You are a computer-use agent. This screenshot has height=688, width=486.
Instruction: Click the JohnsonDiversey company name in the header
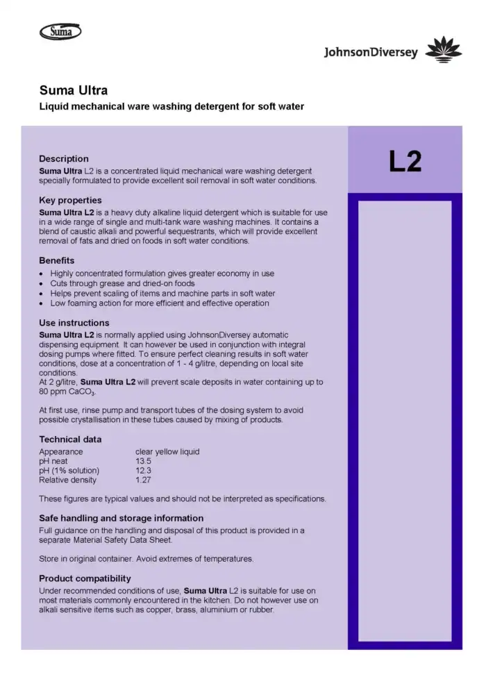coord(371,53)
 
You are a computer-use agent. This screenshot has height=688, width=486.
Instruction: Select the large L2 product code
coord(405,161)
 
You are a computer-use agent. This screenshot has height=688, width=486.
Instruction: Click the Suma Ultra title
coord(73,90)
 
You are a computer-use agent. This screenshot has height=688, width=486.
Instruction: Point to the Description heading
coord(64,159)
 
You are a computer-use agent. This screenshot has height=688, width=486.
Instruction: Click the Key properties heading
coord(70,200)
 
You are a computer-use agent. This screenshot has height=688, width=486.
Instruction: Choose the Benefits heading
coord(57,260)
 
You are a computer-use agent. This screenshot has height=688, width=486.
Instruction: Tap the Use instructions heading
coord(74,323)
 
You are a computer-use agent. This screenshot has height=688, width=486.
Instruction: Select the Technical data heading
coord(70,439)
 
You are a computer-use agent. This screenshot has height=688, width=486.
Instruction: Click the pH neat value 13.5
coord(144,461)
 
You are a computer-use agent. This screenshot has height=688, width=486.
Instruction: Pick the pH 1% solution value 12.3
coord(144,470)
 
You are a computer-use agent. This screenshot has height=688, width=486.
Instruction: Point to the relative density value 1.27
coord(144,480)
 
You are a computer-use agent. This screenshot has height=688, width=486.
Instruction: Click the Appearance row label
coord(61,451)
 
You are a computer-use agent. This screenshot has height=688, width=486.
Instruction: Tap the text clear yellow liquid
coord(167,451)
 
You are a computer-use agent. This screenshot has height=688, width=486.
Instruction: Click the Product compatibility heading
coord(85,578)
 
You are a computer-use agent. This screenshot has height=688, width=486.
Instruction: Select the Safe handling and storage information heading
coord(121,518)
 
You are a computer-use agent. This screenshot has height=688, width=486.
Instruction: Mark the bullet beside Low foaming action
coord(42,303)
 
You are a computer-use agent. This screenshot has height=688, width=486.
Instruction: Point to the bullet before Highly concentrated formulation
coord(42,274)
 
